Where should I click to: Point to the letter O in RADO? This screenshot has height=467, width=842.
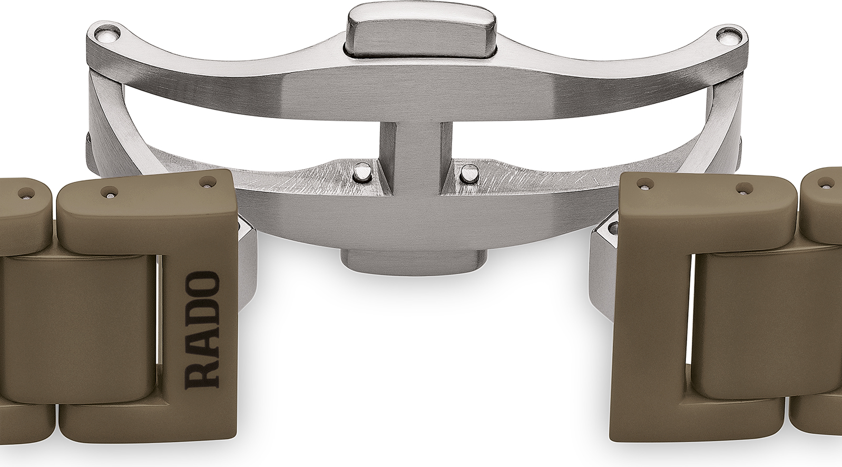tap(202, 285)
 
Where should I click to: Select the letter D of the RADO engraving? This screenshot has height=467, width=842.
tap(202, 315)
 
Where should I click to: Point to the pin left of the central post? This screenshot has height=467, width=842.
tap(361, 172)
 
